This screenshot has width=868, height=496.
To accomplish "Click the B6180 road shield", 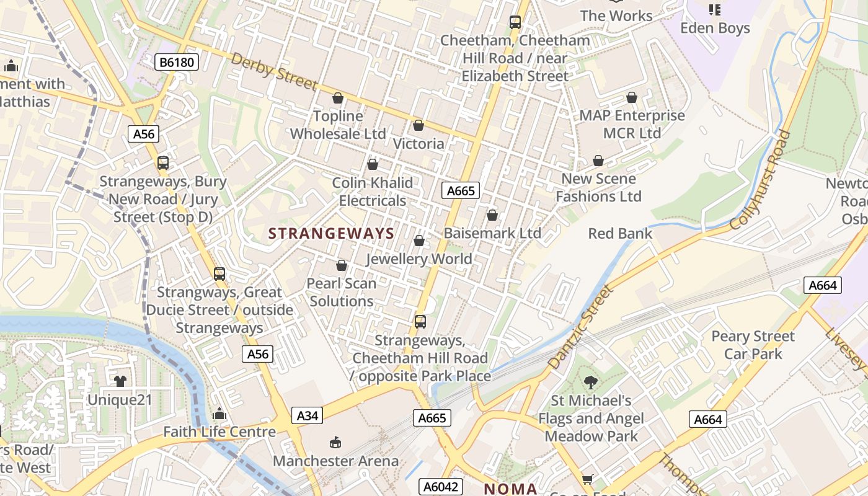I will [x=177, y=62].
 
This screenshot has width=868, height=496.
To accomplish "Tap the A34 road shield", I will [x=307, y=415].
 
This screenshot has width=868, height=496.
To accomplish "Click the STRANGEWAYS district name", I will [x=332, y=234].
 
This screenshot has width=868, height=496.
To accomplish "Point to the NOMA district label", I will [x=510, y=489].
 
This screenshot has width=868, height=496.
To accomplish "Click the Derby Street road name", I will [x=274, y=71].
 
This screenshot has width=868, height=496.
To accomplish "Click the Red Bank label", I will [x=620, y=234].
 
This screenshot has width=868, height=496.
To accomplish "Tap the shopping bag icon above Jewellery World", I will [x=419, y=241].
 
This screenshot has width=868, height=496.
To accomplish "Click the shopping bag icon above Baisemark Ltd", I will [x=492, y=215].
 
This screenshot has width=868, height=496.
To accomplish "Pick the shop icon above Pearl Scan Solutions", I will [x=342, y=265].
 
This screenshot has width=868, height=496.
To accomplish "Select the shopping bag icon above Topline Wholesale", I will [x=338, y=98].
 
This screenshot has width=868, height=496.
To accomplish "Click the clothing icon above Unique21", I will [x=120, y=381].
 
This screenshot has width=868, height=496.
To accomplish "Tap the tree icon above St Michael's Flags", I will [x=590, y=383].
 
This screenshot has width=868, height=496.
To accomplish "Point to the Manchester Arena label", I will [x=335, y=461].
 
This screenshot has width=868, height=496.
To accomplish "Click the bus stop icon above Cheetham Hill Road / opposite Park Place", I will [x=420, y=322].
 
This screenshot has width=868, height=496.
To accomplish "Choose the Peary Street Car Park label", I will [x=753, y=345].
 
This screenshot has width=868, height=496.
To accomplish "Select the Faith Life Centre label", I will [x=219, y=432].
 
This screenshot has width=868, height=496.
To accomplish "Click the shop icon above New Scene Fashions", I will [x=598, y=161].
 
